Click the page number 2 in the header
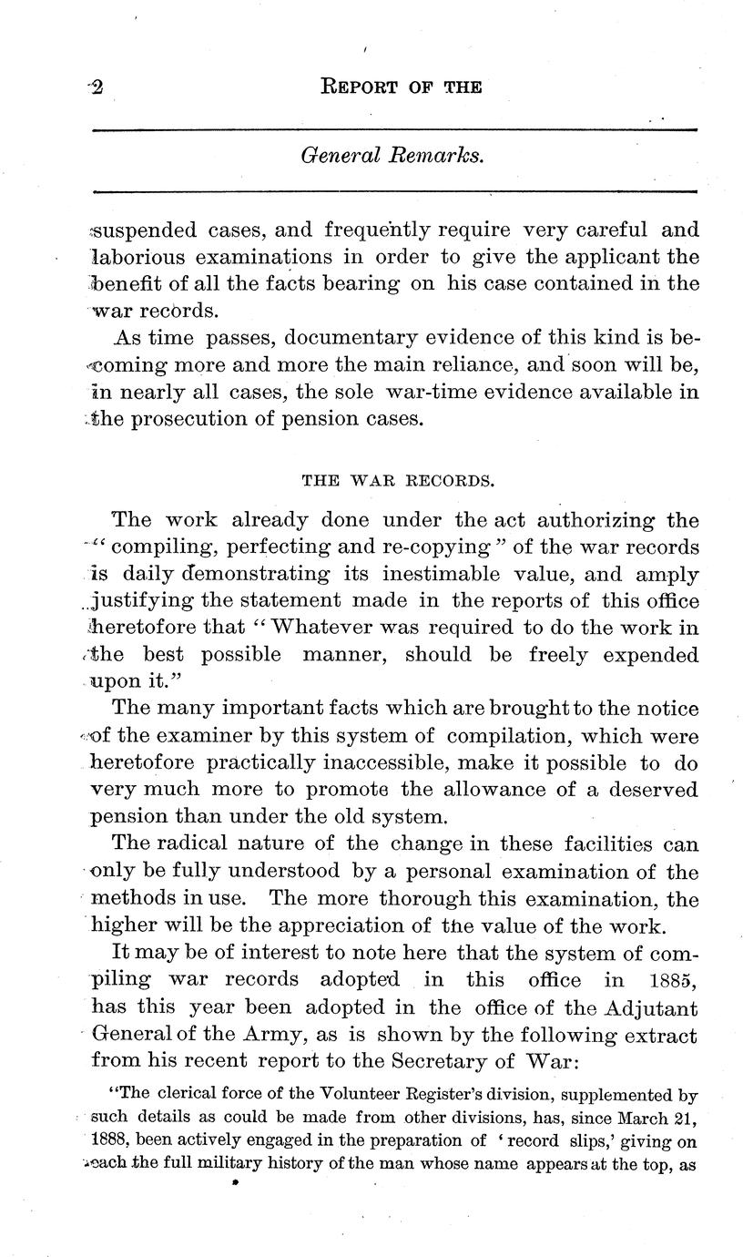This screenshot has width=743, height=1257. tap(97, 87)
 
